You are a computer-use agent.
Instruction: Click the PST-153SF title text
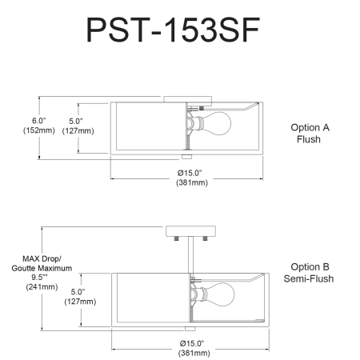[x=173, y=30]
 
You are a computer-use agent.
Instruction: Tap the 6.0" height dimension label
[x=39, y=121]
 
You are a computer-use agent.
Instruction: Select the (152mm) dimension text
[x=39, y=130]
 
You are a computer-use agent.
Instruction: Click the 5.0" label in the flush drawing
[x=76, y=121]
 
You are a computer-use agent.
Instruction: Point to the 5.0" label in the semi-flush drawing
[x=78, y=292]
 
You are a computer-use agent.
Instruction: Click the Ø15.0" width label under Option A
[x=190, y=173]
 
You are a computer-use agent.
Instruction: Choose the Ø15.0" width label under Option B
[x=192, y=343]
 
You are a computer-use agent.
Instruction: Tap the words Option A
[x=310, y=127]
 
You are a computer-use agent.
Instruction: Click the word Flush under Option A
[x=309, y=139]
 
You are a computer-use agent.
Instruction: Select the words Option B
[x=310, y=266]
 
